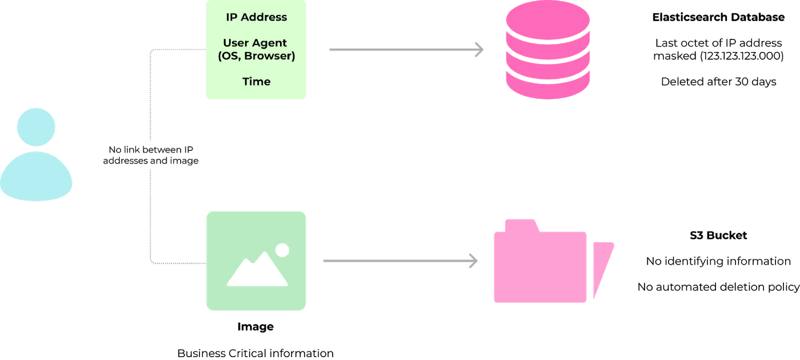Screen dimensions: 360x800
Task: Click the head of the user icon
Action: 36,127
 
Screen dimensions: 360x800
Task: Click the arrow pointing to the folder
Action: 400,261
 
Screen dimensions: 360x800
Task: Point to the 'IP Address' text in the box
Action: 256,17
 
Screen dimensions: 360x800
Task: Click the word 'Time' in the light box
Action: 256,82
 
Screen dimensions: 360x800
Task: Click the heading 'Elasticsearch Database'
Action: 718,17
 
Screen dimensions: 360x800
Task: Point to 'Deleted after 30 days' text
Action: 718,82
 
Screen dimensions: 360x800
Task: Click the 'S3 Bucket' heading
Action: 718,235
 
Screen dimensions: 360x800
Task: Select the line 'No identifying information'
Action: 718,261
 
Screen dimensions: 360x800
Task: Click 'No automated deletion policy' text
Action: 718,287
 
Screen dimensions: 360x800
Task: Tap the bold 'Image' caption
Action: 255,327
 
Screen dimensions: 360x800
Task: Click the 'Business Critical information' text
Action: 255,353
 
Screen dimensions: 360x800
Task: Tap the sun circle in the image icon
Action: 282,250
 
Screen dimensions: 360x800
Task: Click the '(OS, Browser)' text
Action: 256,56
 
